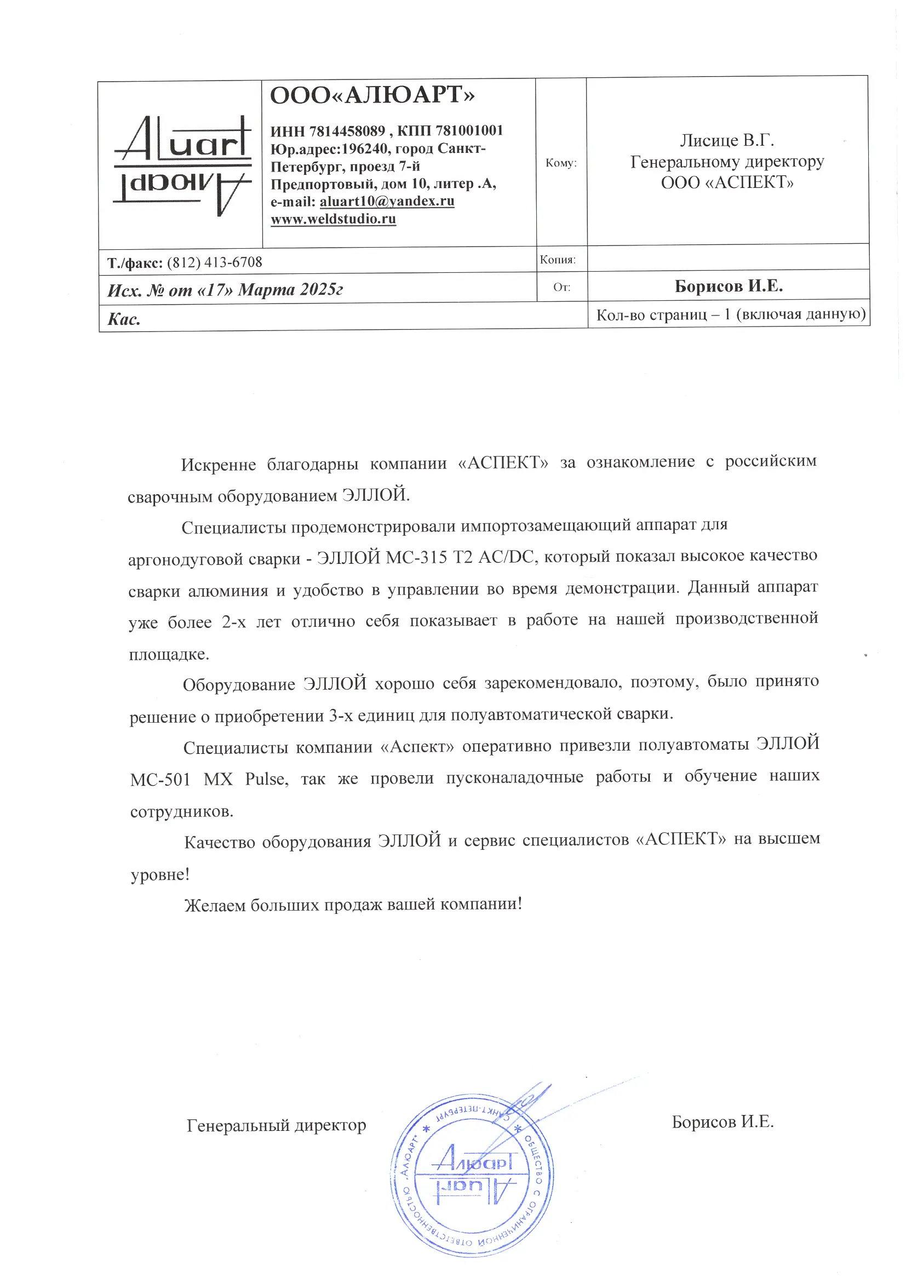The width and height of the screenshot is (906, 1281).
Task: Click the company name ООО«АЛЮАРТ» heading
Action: pyautogui.click(x=372, y=95)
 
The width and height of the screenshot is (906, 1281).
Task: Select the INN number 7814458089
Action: pyautogui.click(x=347, y=131)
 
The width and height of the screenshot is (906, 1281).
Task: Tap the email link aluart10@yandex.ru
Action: pyautogui.click(x=387, y=201)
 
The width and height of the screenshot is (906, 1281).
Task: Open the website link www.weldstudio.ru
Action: pyautogui.click(x=333, y=219)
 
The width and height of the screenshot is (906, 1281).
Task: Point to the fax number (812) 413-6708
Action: pyautogui.click(x=214, y=262)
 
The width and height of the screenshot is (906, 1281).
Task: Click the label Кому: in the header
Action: pyautogui.click(x=561, y=163)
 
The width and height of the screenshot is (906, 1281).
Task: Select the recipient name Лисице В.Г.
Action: pyautogui.click(x=726, y=140)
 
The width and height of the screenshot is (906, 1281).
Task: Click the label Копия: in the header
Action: pyautogui.click(x=557, y=260)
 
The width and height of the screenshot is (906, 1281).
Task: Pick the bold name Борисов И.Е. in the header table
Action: pyautogui.click(x=729, y=286)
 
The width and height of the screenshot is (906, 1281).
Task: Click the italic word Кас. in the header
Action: pyautogui.click(x=124, y=319)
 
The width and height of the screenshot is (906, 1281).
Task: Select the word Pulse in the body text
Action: pyautogui.click(x=267, y=779)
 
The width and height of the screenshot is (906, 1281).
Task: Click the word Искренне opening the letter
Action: pyautogui.click(x=218, y=464)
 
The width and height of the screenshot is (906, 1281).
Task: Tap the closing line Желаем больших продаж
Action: pyautogui.click(x=353, y=905)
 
